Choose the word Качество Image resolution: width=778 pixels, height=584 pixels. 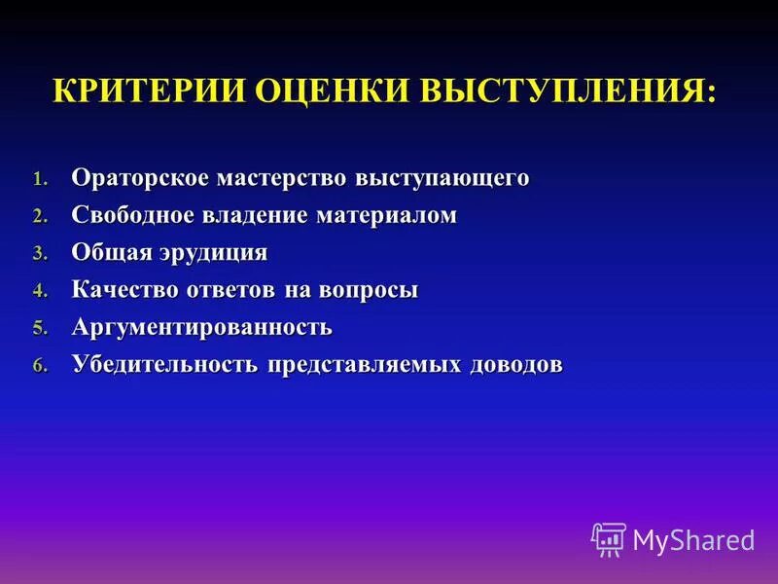[124, 290]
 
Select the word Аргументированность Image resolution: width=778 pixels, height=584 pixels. [201, 327]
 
